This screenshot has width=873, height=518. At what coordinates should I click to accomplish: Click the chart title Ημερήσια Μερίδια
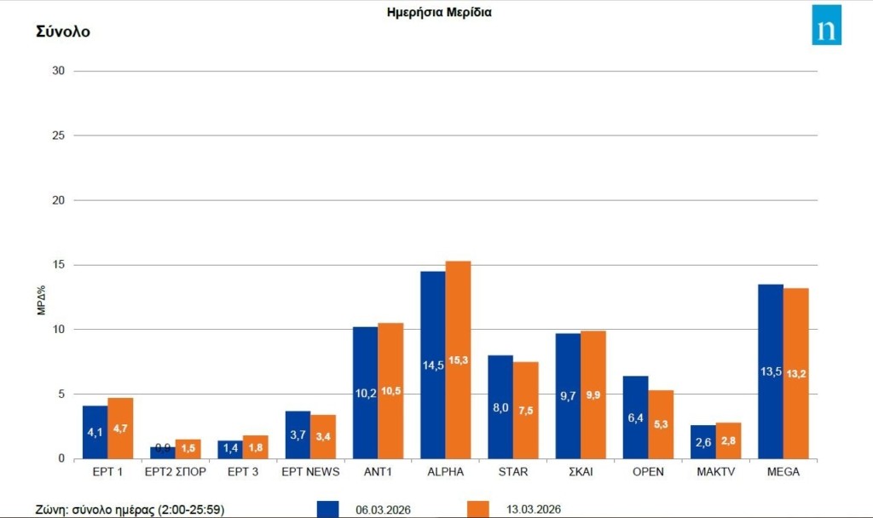tap(439, 13)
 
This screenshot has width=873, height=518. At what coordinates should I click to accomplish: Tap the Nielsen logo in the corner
tap(826, 25)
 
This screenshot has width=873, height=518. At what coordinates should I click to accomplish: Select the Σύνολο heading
tap(63, 32)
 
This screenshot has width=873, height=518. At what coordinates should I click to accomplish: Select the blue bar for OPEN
tap(635, 417)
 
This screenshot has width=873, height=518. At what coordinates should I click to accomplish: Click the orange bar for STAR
tap(526, 410)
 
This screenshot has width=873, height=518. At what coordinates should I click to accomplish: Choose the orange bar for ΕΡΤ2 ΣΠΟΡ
tap(188, 449)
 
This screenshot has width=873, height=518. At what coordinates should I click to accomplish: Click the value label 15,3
tap(459, 360)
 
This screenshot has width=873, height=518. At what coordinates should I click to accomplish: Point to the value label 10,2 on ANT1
tap(365, 394)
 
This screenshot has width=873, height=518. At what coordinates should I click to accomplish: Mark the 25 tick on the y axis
tap(59, 135)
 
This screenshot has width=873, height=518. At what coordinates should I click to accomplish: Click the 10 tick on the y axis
tap(59, 330)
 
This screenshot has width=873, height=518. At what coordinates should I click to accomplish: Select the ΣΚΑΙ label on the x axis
tap(593, 472)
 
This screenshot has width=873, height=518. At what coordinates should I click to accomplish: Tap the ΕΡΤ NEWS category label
tap(310, 472)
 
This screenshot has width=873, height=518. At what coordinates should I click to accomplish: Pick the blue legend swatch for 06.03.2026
tap(327, 509)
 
